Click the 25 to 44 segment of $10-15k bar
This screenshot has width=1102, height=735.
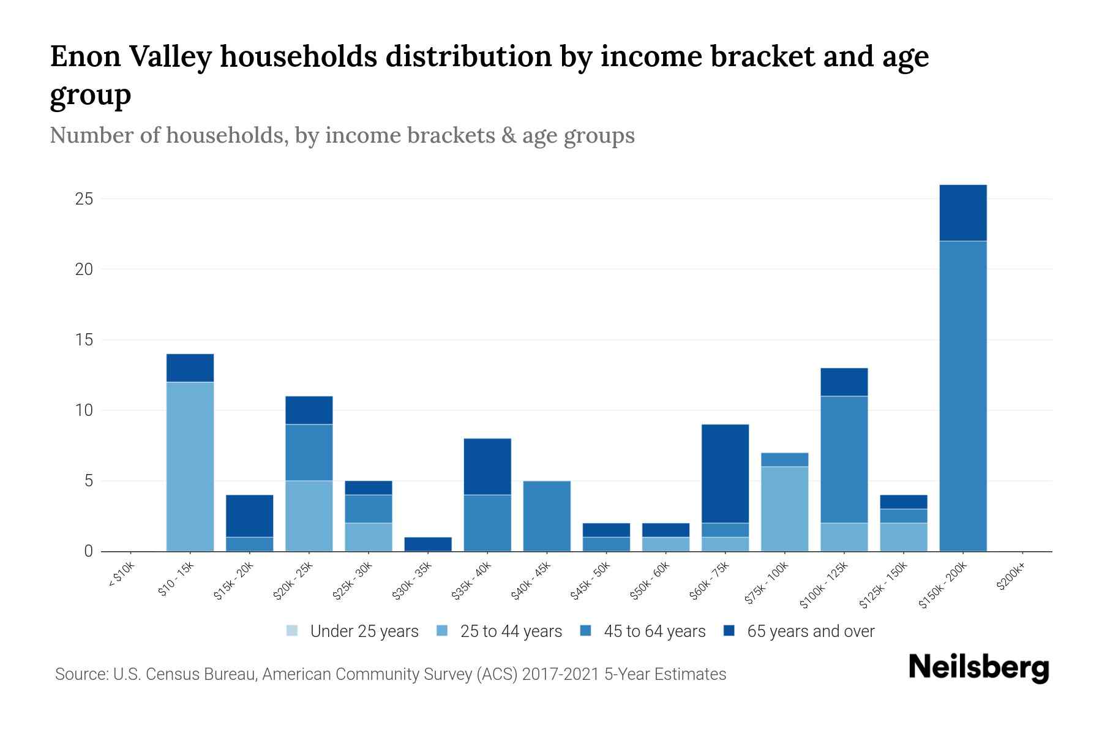(190, 467)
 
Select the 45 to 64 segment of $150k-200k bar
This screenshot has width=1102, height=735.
(962, 396)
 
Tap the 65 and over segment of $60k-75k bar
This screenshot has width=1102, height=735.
(725, 473)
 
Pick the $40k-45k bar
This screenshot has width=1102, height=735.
(547, 516)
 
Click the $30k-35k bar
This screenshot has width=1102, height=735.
(428, 544)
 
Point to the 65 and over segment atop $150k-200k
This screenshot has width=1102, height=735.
(962, 213)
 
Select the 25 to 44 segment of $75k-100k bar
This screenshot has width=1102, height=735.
(784, 509)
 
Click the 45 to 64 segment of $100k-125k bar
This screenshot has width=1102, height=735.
(844, 459)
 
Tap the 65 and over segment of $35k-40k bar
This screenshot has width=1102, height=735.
(487, 467)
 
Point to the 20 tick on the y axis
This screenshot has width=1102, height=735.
(84, 269)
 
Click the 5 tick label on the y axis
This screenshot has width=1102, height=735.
(88, 481)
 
